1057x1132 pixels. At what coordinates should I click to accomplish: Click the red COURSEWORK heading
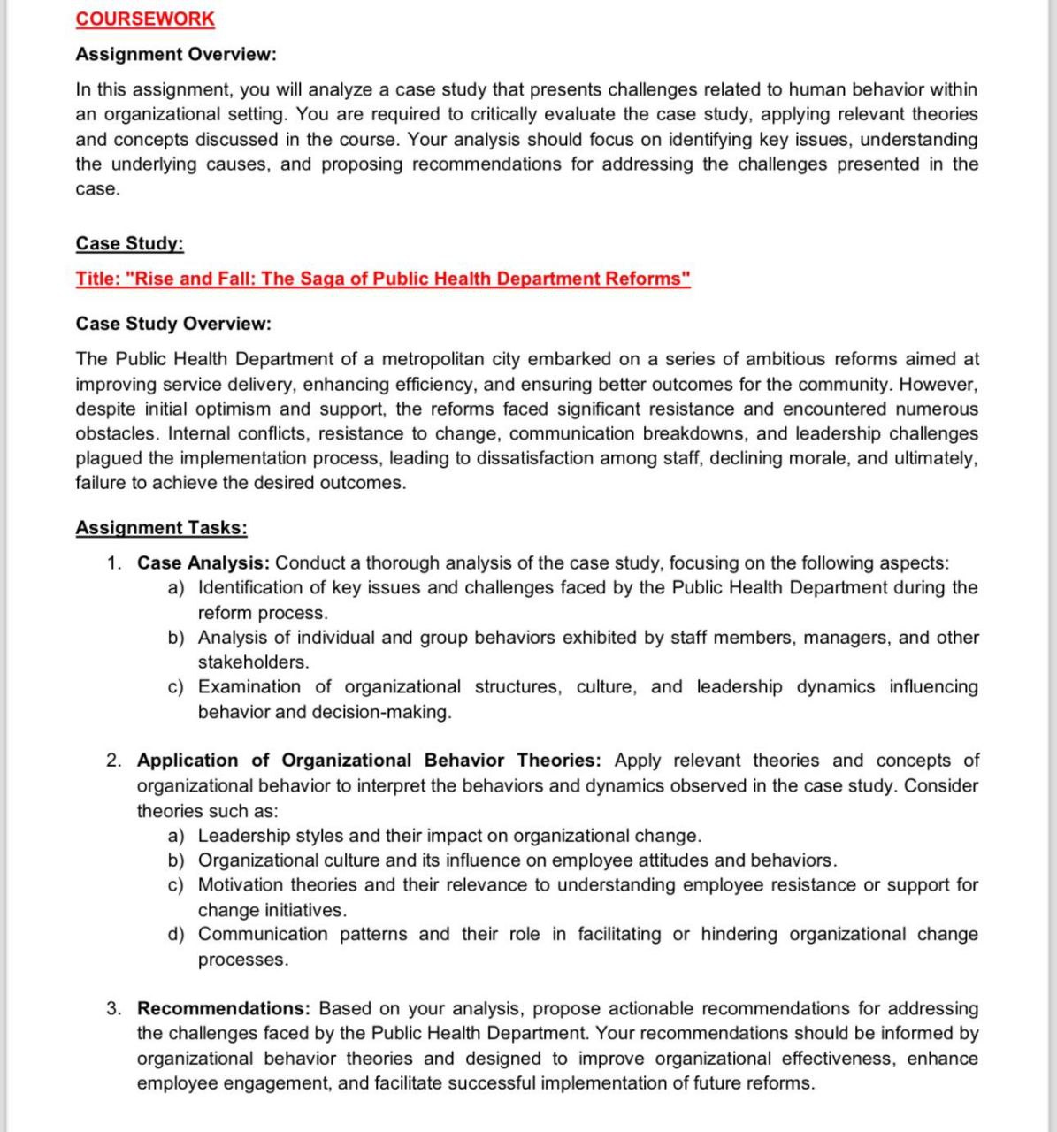pos(145,19)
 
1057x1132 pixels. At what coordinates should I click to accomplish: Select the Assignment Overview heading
pos(176,54)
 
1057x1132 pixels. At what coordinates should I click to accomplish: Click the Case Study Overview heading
pos(173,324)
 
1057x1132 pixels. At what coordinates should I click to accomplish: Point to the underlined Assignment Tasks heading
pos(161,528)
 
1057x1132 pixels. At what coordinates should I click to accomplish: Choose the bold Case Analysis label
pos(203,562)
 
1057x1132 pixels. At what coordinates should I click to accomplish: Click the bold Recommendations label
pos(224,1008)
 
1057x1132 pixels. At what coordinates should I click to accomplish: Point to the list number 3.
pos(114,1008)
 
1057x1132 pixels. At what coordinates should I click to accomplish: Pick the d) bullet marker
pos(176,934)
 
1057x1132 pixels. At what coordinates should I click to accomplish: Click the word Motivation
pos(241,884)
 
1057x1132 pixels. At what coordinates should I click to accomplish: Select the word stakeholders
pos(253,662)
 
